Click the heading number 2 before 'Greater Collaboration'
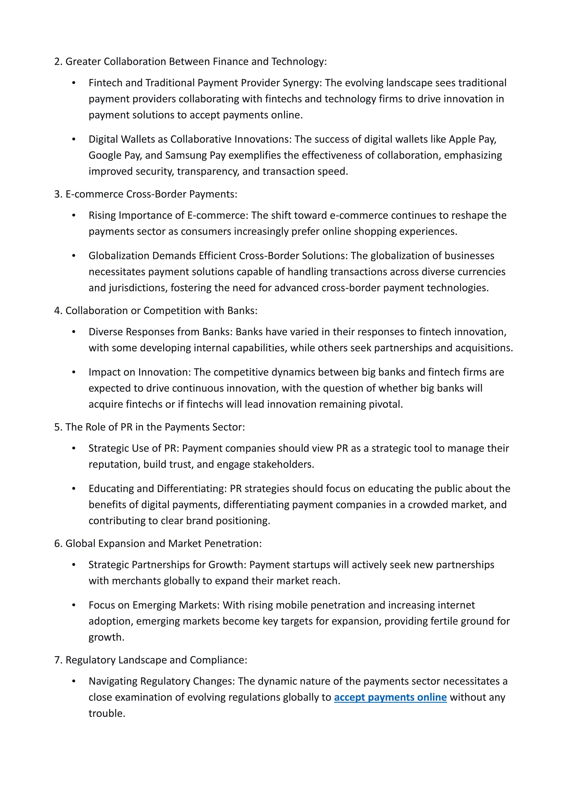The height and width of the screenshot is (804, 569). coord(58,62)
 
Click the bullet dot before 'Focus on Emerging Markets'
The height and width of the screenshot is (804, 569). coord(74,605)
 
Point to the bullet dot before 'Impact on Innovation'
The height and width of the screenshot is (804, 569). coord(74,372)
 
